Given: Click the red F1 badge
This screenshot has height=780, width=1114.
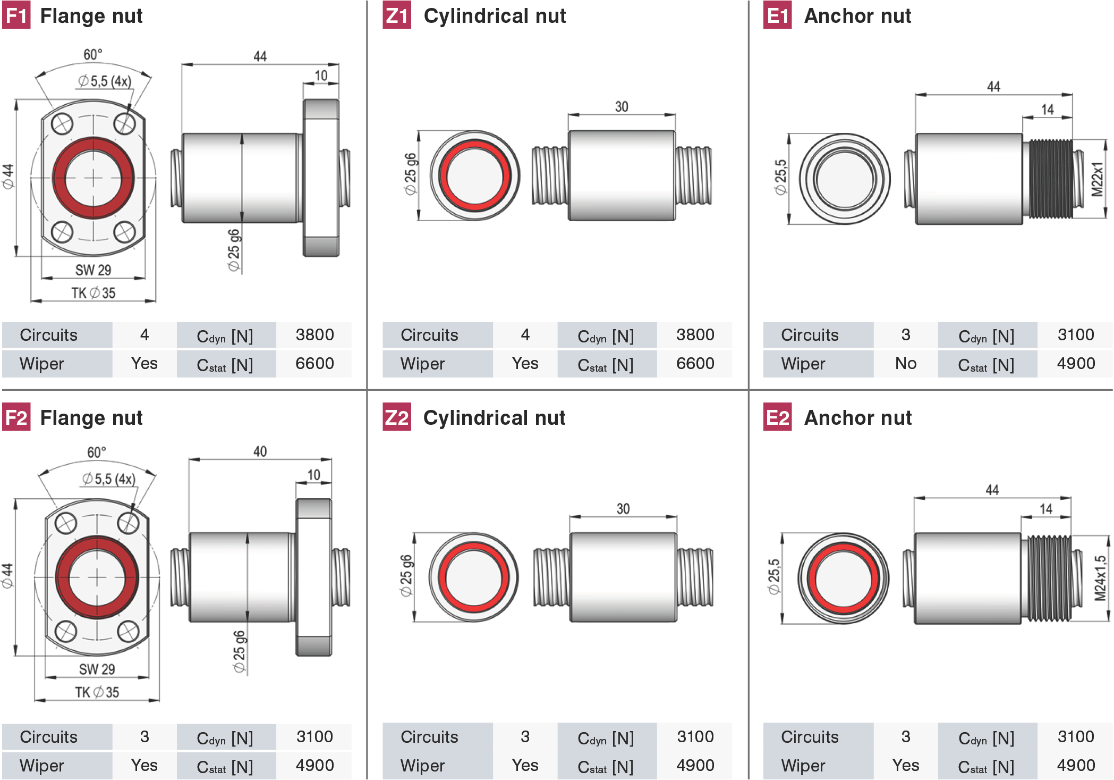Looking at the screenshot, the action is pos(16,15).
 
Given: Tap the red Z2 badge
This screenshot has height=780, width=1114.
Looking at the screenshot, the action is pos(397,417).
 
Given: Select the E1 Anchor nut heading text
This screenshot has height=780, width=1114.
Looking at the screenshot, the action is pos(857,15).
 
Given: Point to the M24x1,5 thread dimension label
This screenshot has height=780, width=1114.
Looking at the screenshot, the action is pos(1100,578).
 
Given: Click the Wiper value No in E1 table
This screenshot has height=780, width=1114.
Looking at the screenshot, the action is pos(906,363).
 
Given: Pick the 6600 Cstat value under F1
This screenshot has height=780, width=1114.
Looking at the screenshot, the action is pos(314,363).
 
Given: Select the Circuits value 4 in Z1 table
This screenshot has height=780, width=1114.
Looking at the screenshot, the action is pos(525,334).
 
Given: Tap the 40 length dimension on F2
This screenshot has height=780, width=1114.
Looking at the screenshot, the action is pos(260,451).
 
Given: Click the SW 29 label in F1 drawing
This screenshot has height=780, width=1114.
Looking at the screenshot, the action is pos(93,270).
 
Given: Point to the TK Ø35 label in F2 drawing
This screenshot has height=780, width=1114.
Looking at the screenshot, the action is pos(97,692).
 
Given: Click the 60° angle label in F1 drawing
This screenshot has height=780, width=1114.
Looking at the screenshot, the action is pos(93,54).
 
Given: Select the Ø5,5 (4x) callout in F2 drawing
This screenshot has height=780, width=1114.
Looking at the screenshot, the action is pos(108,479).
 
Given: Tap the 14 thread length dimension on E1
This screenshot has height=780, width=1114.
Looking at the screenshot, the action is pos(1047,110).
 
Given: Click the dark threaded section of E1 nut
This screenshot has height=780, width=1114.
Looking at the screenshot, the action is pos(1051,179).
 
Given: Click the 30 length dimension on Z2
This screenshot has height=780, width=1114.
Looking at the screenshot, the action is pos(623,509).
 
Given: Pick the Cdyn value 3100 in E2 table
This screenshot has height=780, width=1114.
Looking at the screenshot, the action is pos(1076,736).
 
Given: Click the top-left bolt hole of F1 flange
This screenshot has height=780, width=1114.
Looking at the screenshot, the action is pos(62,125).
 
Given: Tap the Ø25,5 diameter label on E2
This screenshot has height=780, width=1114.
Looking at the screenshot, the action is pos(774,576).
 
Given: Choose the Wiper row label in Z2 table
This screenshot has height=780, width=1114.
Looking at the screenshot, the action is pos(422,765).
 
